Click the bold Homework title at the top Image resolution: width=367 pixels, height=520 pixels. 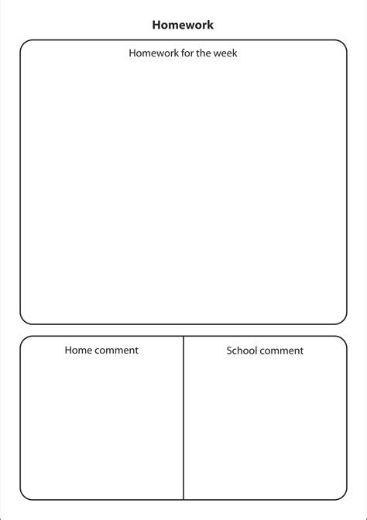click(x=183, y=25)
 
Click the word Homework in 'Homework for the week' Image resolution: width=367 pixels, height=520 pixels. click(x=153, y=53)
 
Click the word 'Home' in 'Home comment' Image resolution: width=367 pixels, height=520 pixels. click(x=77, y=350)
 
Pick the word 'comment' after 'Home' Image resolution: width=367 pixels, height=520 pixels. click(x=116, y=350)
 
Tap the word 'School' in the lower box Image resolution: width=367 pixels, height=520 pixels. click(x=242, y=351)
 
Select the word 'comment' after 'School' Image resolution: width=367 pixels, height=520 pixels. click(x=282, y=351)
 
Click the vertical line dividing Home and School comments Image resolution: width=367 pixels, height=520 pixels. click(x=183, y=418)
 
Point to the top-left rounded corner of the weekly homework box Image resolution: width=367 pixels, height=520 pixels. click(x=24, y=44)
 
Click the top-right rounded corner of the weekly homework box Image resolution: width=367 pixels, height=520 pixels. click(x=343, y=44)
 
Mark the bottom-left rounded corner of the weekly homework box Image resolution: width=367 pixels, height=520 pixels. click(x=24, y=320)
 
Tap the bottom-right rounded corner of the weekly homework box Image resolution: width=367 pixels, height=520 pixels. click(x=343, y=320)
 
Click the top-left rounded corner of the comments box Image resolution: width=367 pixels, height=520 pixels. click(x=24, y=340)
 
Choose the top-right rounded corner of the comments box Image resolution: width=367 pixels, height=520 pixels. click(x=343, y=340)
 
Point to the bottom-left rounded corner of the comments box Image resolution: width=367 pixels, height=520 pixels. click(x=24, y=495)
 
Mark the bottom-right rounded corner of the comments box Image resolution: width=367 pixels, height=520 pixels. click(x=343, y=495)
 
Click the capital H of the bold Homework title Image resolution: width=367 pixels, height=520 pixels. click(x=156, y=25)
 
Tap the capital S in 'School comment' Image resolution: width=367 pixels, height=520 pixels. click(x=229, y=351)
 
